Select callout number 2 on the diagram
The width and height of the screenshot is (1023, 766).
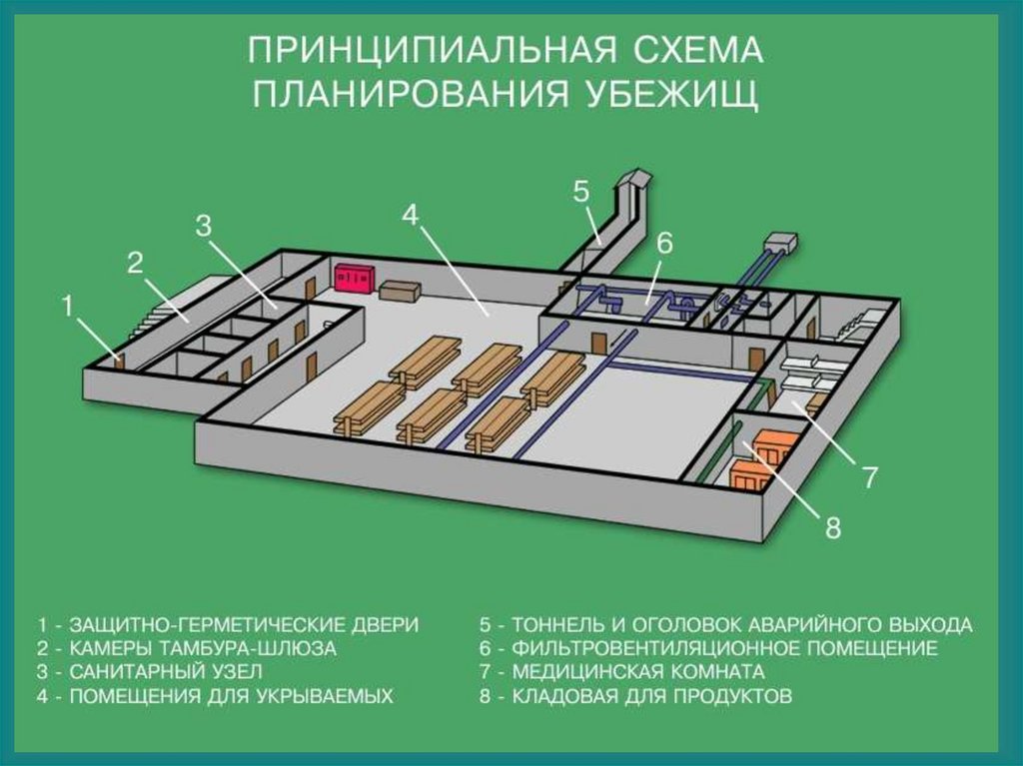(135, 264)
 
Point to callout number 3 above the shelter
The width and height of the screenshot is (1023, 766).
(204, 226)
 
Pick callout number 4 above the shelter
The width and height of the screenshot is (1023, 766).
(411, 214)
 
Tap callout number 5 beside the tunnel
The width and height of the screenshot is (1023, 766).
(581, 192)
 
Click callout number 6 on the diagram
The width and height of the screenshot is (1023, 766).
(664, 243)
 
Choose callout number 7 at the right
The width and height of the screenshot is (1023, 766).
(870, 478)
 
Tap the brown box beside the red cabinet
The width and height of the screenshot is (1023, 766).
(401, 290)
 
